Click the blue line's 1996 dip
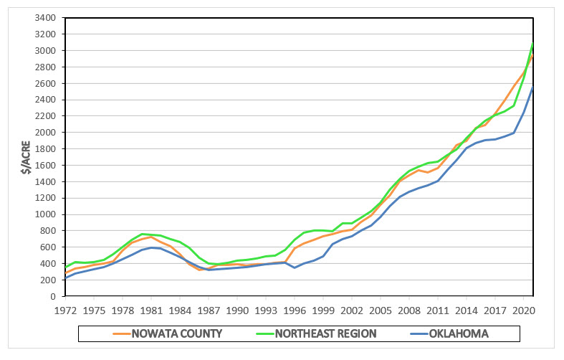click(294, 267)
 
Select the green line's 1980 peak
click(142, 234)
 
